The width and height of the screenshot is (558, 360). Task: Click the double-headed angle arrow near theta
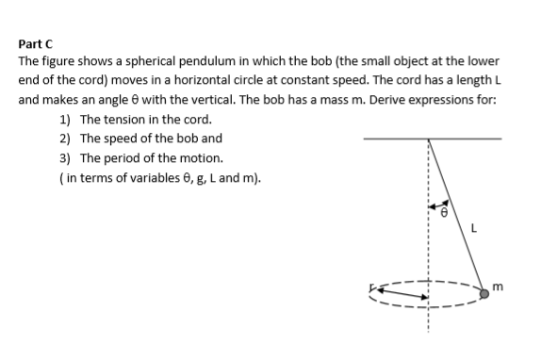pos(436,201)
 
